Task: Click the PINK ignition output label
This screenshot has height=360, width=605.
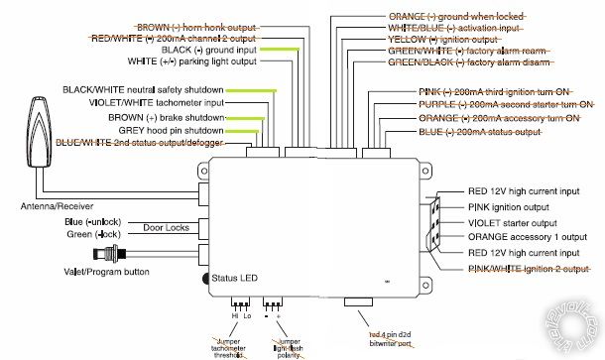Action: pos(505,208)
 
